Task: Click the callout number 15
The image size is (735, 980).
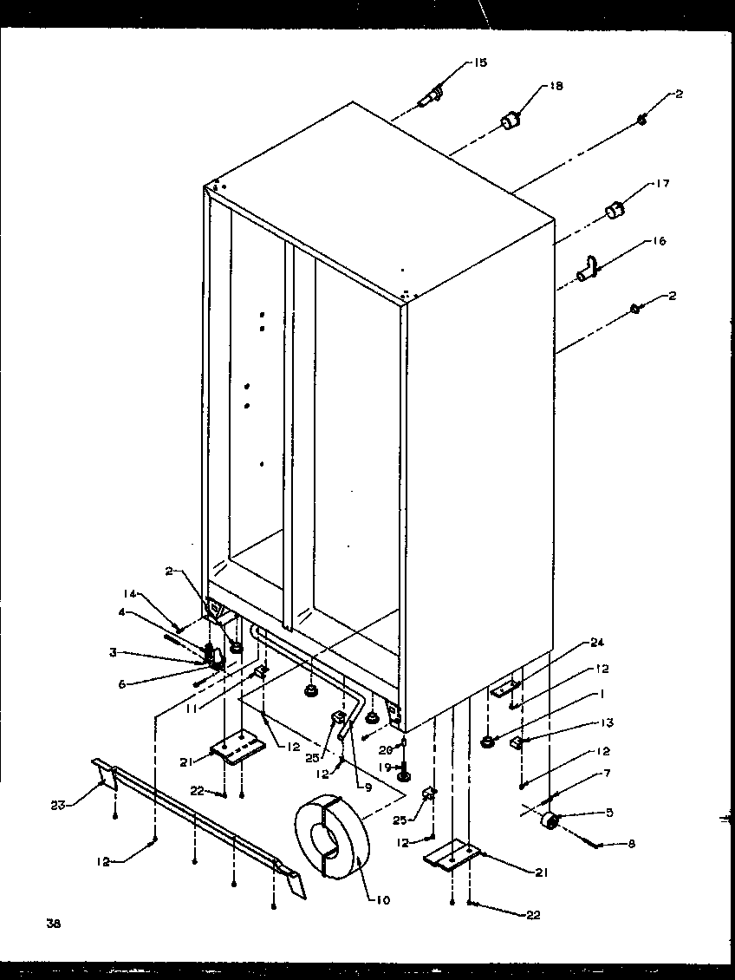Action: click(480, 62)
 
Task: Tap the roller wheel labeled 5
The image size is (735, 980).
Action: click(549, 820)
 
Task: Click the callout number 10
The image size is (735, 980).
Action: click(383, 900)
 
